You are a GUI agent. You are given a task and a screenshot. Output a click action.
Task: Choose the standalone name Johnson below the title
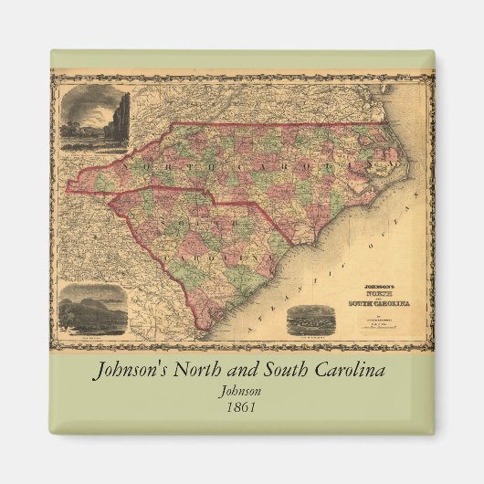pos(241,391)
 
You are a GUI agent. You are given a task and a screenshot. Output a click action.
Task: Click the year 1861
pos(241,407)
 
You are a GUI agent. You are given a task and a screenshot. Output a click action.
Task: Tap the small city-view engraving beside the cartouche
pos(310,319)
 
